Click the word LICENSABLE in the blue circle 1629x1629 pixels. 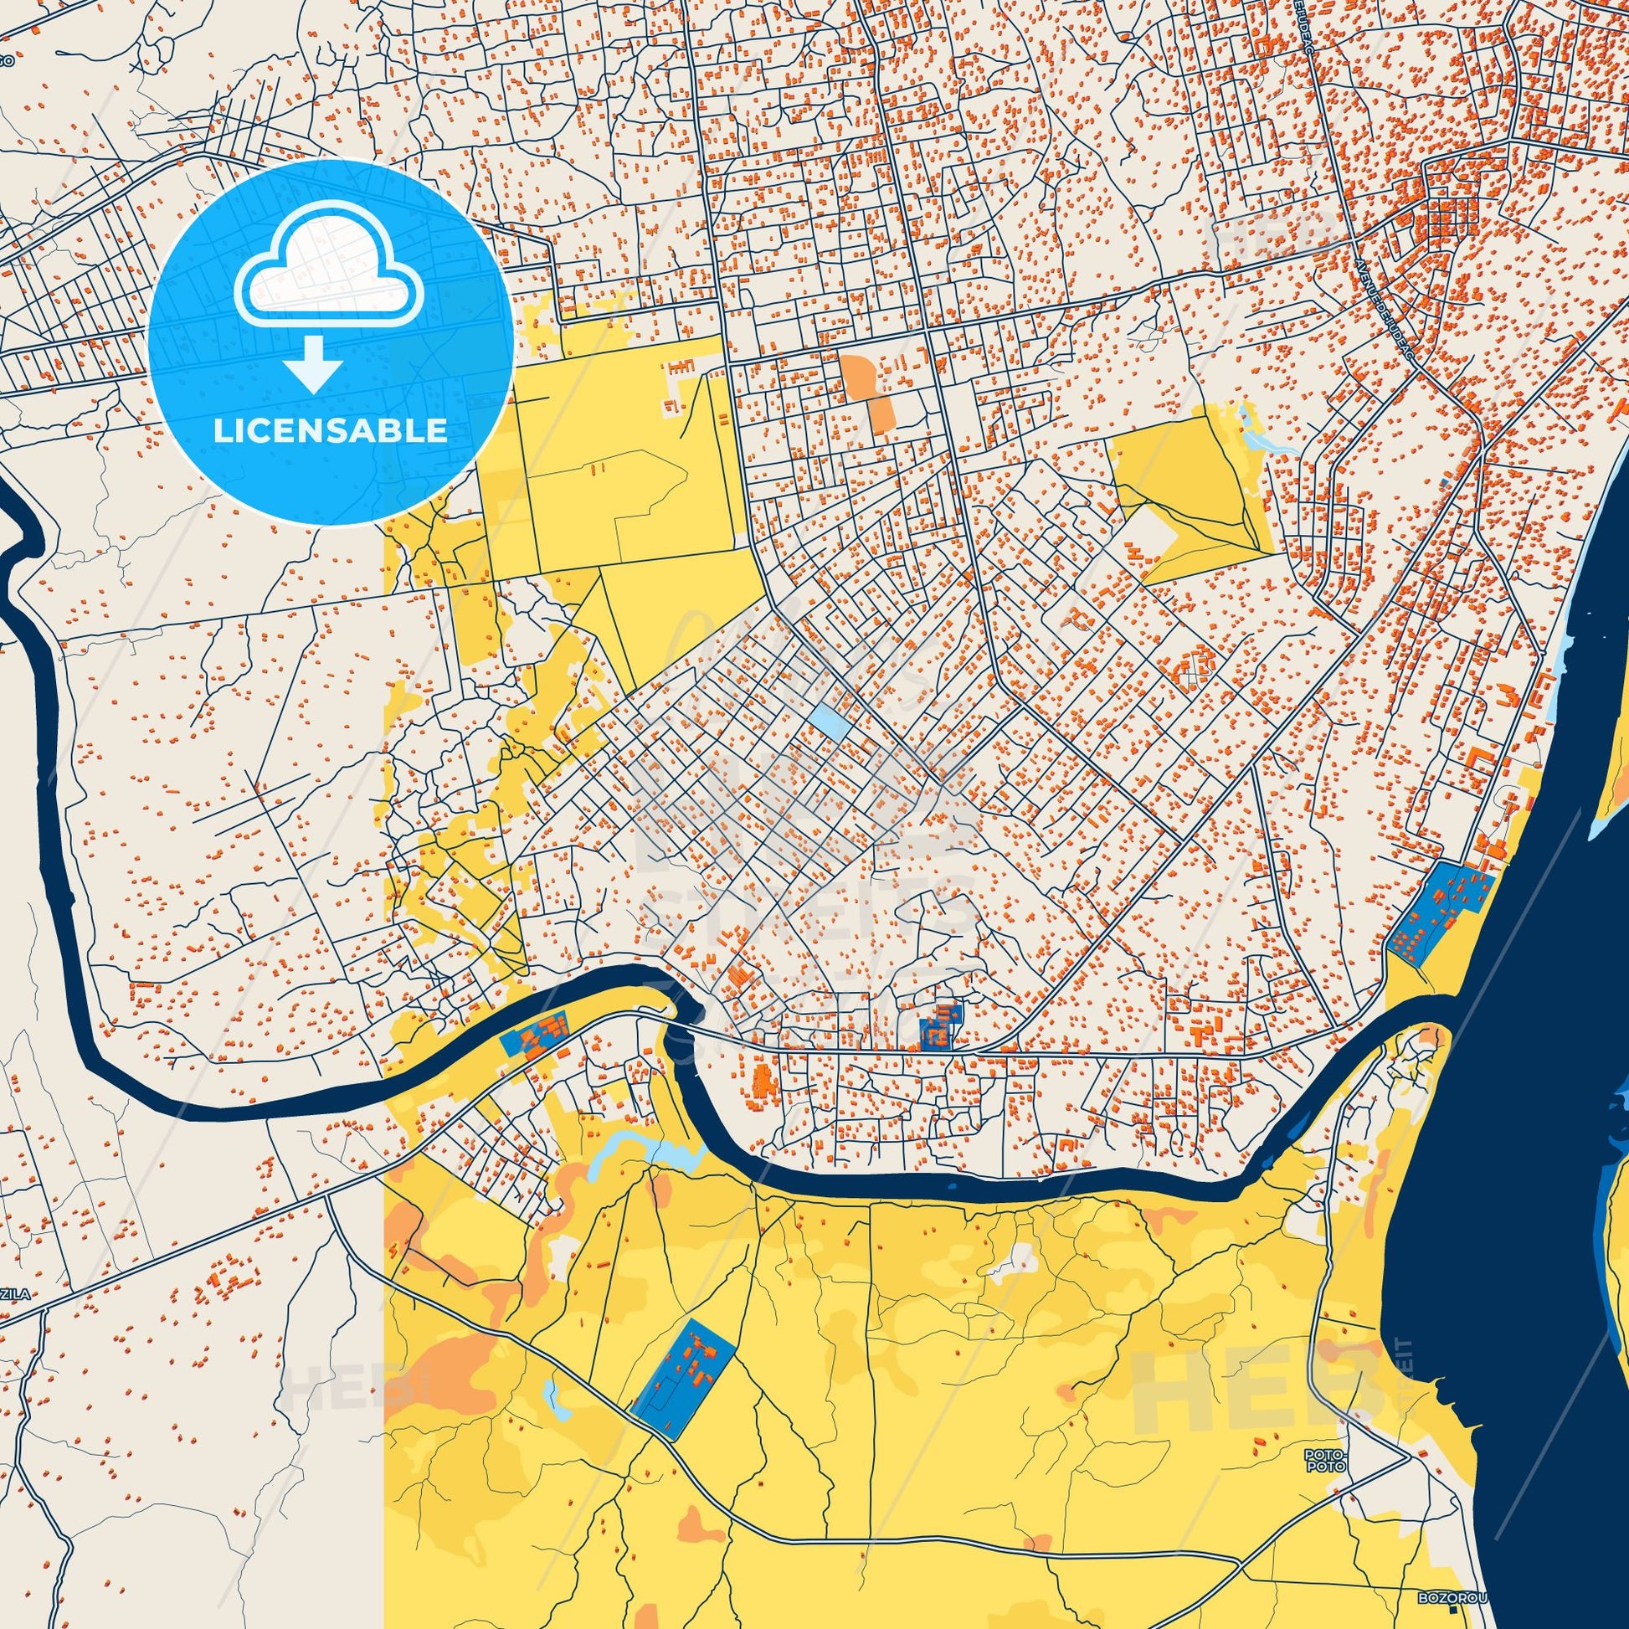[x=330, y=431]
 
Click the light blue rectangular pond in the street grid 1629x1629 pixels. [x=830, y=722]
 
